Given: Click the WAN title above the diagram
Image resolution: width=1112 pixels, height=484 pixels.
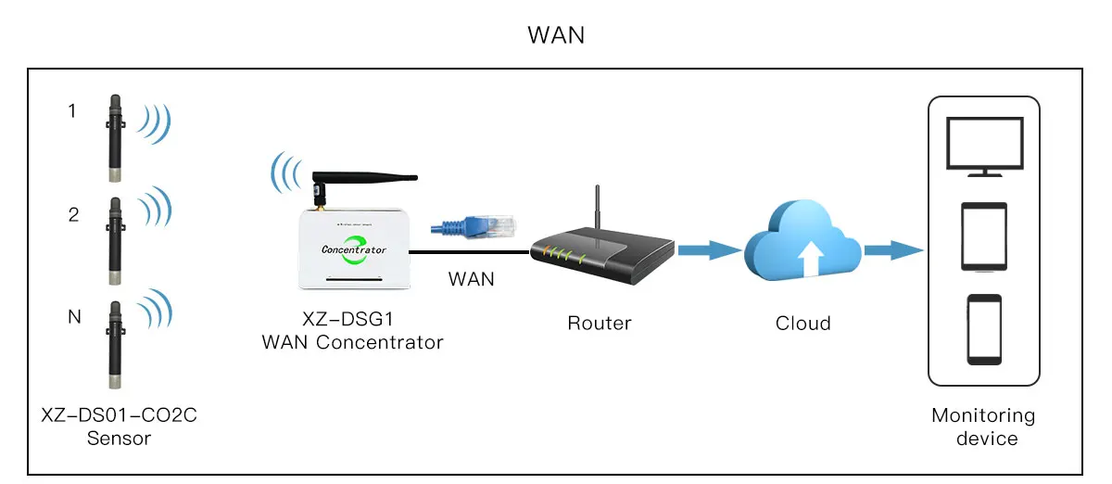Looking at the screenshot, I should click(556, 35).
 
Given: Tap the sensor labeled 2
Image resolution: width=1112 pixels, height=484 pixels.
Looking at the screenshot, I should click(115, 238).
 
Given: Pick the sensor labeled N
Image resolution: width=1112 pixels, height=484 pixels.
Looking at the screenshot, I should click(115, 343).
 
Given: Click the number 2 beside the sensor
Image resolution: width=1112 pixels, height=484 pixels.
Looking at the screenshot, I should click(73, 215).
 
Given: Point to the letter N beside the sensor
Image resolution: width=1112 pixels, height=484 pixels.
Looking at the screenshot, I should click(74, 318).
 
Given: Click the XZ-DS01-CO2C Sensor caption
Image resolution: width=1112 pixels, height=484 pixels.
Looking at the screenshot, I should click(119, 427).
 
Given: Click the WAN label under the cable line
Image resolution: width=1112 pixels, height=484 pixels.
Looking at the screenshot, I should click(471, 278).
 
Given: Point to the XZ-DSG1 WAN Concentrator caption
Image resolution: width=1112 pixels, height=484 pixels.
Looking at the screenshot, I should click(352, 332).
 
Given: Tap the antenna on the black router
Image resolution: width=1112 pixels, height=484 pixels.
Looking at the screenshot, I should click(599, 209).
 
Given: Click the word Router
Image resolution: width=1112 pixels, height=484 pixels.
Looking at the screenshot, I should click(600, 324).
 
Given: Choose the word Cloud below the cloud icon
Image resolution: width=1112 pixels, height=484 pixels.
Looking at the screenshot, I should click(802, 324).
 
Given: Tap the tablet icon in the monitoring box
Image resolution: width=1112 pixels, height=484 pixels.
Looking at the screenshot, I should click(984, 237).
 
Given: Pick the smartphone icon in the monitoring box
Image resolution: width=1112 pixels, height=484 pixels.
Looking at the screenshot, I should click(984, 329).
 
